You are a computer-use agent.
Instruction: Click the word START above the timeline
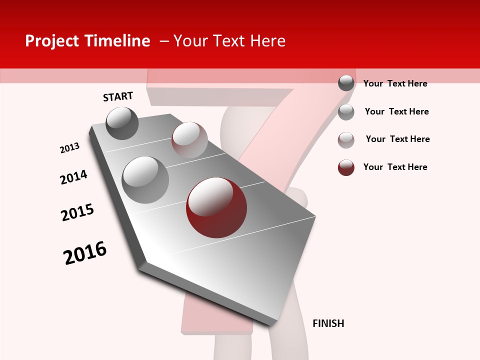(118, 96)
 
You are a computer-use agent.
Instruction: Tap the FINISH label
(328, 323)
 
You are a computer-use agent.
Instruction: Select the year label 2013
(69, 148)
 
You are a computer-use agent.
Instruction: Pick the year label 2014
(73, 177)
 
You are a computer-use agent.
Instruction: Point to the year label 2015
(77, 212)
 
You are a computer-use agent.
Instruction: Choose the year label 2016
(85, 253)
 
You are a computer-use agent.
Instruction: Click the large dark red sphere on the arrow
(216, 207)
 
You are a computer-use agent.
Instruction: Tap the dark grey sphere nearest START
(122, 123)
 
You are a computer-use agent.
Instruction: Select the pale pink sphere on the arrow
(189, 139)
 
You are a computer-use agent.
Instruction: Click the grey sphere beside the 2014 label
(145, 179)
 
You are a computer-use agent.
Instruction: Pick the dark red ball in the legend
(346, 167)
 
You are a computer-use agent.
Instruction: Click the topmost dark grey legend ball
(346, 83)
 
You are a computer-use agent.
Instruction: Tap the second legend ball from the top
(346, 112)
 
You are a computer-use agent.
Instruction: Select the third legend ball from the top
(346, 140)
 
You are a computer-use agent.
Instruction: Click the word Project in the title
(52, 41)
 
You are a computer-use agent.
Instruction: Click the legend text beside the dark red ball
(395, 167)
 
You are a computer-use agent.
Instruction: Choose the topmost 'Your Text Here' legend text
(395, 83)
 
